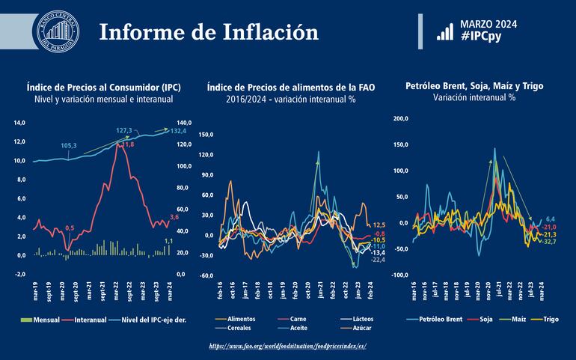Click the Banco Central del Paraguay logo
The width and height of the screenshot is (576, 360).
click(58, 32)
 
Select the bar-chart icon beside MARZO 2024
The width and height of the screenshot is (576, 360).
click(444, 30)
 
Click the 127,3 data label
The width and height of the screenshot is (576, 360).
click(124, 130)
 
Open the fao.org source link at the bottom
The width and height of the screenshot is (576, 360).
click(288, 347)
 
